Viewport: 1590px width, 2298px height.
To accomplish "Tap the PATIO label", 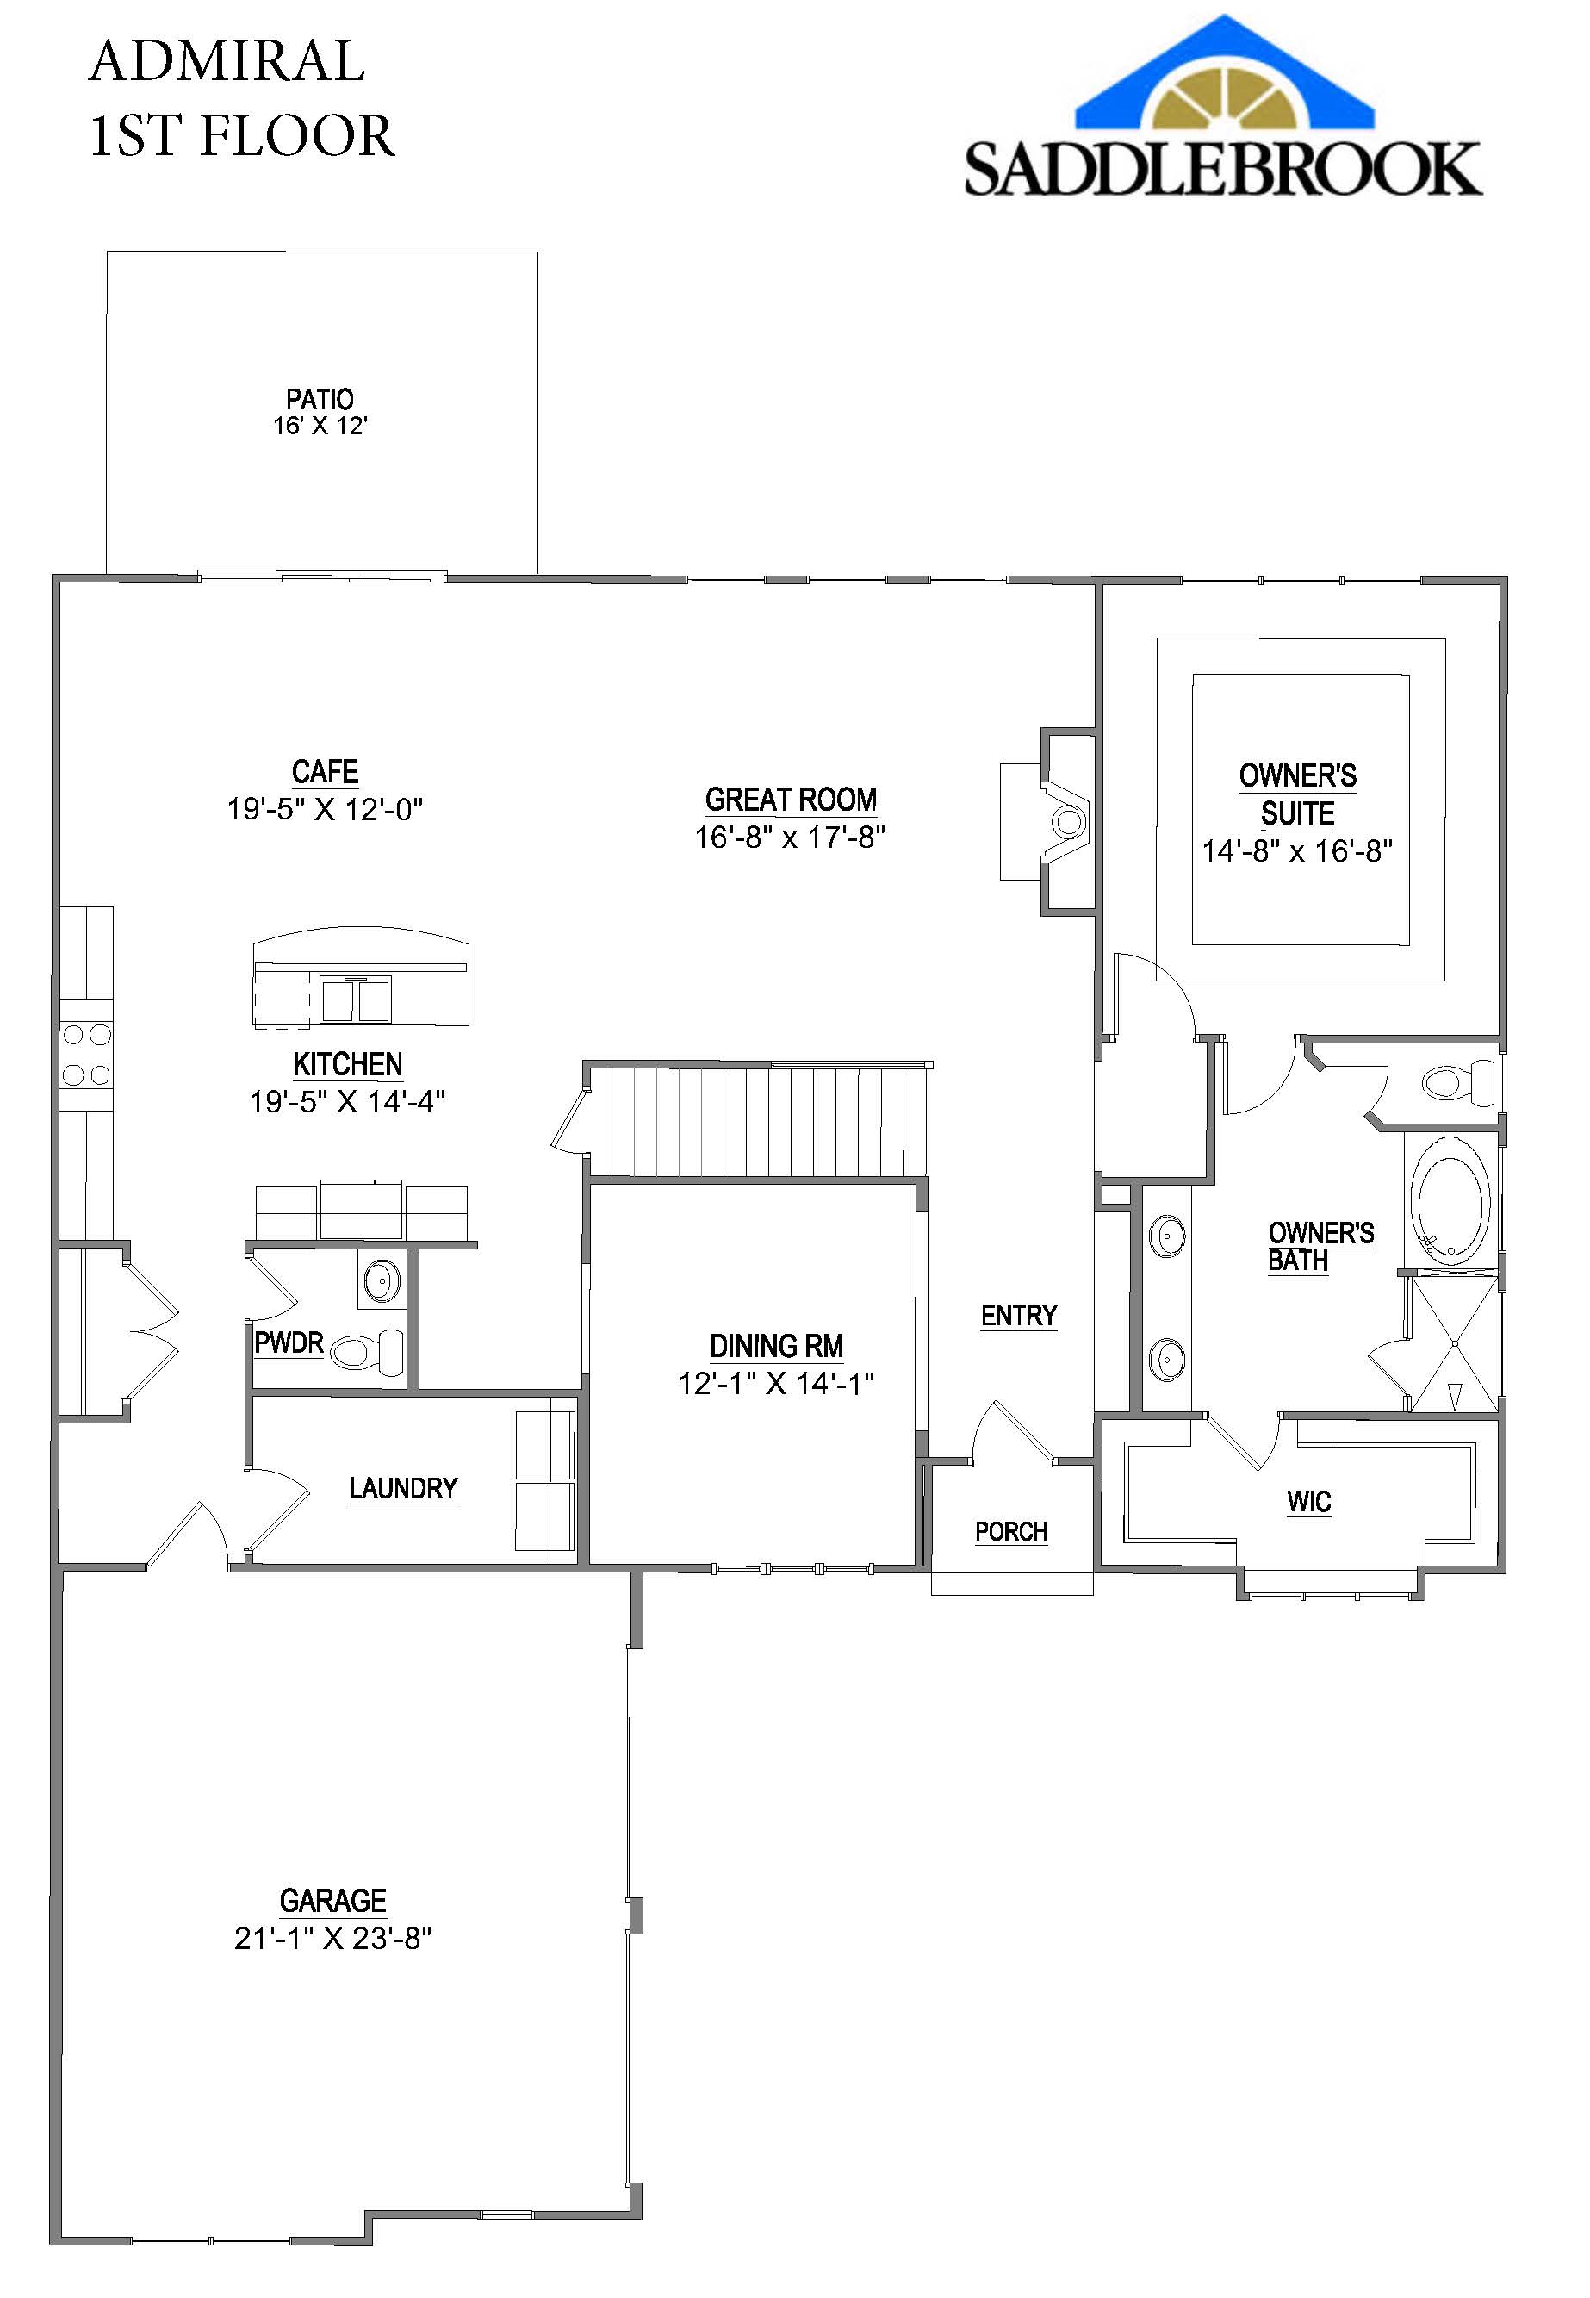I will pyautogui.click(x=320, y=400).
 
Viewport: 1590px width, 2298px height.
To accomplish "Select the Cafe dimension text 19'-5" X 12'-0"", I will pyautogui.click(x=325, y=808).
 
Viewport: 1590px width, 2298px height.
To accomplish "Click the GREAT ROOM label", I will pyautogui.click(x=790, y=800).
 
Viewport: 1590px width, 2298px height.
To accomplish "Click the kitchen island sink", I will pyautogui.click(x=355, y=1000).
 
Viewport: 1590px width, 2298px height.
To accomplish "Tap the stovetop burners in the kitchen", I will pyautogui.click(x=87, y=1055).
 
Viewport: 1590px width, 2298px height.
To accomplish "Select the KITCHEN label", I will pyautogui.click(x=347, y=1064).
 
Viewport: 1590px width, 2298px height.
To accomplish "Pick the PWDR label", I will pyautogui.click(x=289, y=1343).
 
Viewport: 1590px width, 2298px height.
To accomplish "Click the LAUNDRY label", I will pyautogui.click(x=402, y=1489).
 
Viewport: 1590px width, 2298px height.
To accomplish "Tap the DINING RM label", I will pyautogui.click(x=776, y=1346).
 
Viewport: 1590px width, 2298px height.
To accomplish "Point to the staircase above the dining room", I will pyautogui.click(x=757, y=1122).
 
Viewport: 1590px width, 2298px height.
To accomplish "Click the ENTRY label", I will pyautogui.click(x=1018, y=1316).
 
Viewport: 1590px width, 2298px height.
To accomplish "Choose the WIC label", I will pyautogui.click(x=1308, y=1502).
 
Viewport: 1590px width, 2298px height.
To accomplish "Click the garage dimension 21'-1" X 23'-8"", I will pyautogui.click(x=332, y=1938).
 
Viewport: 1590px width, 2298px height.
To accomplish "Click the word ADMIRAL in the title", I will pyautogui.click(x=227, y=62).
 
